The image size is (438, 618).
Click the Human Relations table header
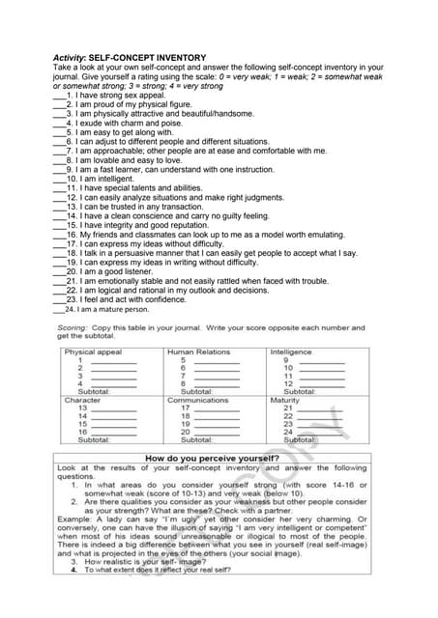199,351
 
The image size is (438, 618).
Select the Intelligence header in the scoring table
291,351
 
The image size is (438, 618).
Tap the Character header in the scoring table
82,399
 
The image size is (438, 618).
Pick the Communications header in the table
198,399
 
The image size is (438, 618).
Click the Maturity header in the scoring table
285,399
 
